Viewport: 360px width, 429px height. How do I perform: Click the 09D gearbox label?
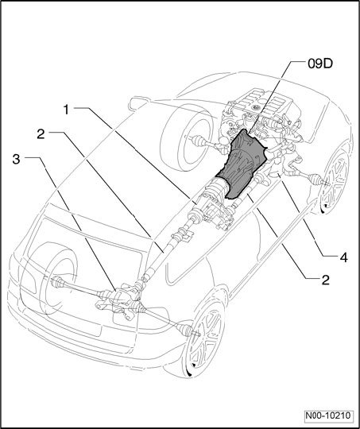click(x=320, y=64)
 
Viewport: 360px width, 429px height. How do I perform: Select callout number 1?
click(x=66, y=110)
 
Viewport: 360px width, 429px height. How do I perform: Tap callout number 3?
click(x=17, y=159)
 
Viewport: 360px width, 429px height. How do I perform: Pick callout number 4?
click(x=343, y=257)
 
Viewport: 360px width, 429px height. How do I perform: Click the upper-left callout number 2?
click(x=41, y=134)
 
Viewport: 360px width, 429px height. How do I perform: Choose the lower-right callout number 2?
click(x=326, y=280)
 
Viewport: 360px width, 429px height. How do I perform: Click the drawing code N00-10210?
click(x=327, y=415)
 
